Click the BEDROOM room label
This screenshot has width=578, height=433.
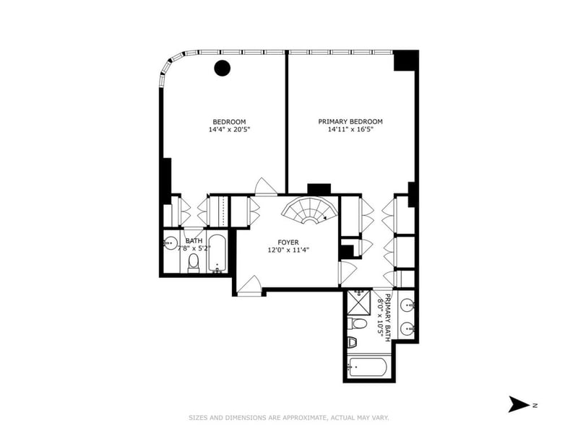(x=229, y=122)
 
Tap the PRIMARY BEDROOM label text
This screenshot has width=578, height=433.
(x=350, y=121)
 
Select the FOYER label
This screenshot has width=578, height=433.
(x=288, y=242)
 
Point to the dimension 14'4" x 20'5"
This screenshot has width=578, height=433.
(x=229, y=130)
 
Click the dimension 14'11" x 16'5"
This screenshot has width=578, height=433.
(x=350, y=129)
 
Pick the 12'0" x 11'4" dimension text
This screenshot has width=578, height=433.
(x=288, y=250)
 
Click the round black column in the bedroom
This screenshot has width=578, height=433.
(x=223, y=68)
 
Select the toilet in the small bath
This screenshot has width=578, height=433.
(x=193, y=263)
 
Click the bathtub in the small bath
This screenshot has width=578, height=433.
(x=216, y=254)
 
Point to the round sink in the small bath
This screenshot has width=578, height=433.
(x=171, y=242)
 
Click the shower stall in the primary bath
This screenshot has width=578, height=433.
(x=358, y=302)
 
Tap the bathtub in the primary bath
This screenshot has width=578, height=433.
(x=367, y=367)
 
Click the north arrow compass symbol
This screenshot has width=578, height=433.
(x=519, y=404)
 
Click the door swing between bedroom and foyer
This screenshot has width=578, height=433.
(x=266, y=187)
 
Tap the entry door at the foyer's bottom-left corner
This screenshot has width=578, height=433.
(x=249, y=285)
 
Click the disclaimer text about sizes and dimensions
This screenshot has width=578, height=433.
(x=289, y=418)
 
